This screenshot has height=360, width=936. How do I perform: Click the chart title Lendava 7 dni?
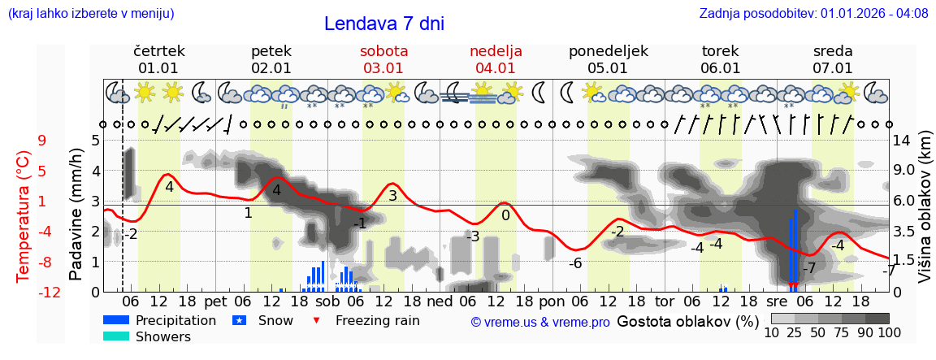(x=383, y=24)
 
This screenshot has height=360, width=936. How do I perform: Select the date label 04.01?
(x=496, y=68)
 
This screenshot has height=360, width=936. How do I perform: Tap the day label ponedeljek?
(x=608, y=51)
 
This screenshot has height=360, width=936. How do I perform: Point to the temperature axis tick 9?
(x=42, y=140)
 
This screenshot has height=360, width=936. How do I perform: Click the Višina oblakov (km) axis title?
(x=925, y=215)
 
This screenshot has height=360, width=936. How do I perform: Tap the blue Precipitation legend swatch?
(x=116, y=320)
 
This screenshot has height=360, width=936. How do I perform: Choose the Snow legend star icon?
(x=240, y=320)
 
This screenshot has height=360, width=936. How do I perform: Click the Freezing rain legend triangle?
(x=318, y=320)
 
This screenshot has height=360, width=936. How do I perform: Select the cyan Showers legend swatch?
(x=116, y=336)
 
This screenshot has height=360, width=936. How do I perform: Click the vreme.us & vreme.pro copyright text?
(x=540, y=323)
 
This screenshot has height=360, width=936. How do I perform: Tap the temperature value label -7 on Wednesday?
(x=808, y=268)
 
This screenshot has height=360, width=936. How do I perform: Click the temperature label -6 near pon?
(x=574, y=263)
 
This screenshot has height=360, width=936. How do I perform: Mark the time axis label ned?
(x=440, y=301)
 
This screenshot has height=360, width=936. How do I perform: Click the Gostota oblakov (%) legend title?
(x=687, y=321)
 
